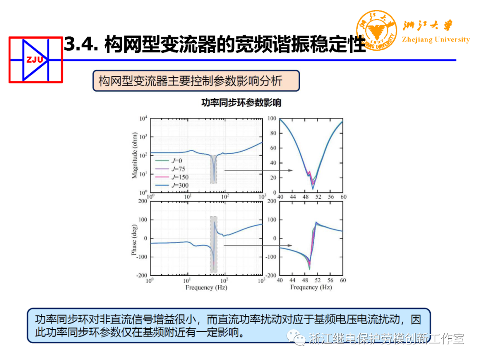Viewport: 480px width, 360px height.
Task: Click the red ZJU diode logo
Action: coord(36,60)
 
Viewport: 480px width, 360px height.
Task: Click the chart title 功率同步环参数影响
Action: coord(241,103)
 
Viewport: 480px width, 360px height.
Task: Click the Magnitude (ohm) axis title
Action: coord(134,156)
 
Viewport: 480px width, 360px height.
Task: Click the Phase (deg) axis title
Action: coord(134,239)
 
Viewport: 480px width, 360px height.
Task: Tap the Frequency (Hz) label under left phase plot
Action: coord(206,288)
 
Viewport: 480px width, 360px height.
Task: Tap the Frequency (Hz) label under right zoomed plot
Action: coord(311,288)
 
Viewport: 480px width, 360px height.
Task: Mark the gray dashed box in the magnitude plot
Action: coord(214,169)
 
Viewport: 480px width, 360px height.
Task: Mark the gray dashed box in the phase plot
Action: coord(214,244)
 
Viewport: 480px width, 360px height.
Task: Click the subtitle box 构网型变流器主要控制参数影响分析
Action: coord(196,81)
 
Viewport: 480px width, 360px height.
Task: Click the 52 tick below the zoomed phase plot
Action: coord(318,280)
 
